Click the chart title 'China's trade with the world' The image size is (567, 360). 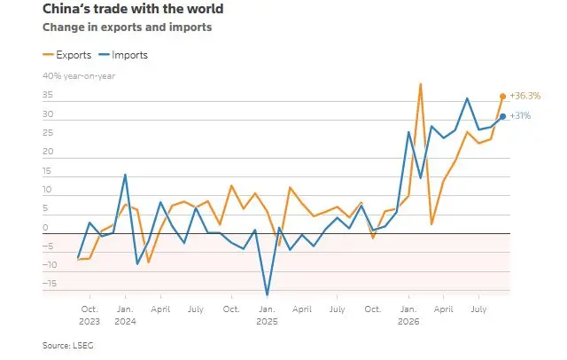[x=133, y=9]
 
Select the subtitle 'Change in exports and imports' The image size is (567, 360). [x=128, y=27]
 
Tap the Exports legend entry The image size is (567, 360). [x=67, y=55]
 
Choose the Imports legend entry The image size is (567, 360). [x=123, y=55]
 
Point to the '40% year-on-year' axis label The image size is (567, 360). [x=79, y=76]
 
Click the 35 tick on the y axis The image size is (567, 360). [x=48, y=95]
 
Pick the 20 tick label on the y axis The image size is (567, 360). [x=48, y=152]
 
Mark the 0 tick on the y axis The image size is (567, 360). [x=45, y=228]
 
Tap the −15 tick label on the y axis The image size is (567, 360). [x=50, y=283]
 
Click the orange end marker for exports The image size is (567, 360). [x=502, y=97]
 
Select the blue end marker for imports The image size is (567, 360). [x=502, y=116]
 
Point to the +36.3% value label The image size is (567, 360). [x=525, y=96]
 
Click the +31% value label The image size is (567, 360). [x=520, y=116]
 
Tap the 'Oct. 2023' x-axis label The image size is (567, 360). [x=89, y=315]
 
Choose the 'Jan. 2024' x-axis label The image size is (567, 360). [x=125, y=315]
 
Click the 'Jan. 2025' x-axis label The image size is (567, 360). [x=267, y=315]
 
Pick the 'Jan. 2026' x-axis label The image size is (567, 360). [x=408, y=315]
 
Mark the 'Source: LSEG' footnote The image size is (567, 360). [x=68, y=346]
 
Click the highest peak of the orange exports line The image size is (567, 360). [x=420, y=84]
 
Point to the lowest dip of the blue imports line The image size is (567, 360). [x=268, y=295]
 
